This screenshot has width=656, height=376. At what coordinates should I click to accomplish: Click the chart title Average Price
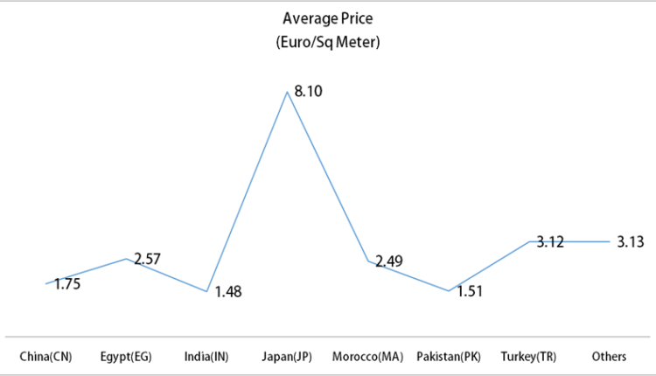tap(328, 17)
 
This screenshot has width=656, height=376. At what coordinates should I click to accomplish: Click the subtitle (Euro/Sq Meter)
tap(328, 41)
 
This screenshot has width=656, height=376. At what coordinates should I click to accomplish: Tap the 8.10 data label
tap(310, 91)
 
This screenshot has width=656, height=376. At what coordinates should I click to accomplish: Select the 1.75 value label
tap(67, 284)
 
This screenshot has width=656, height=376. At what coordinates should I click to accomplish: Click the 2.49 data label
tap(389, 261)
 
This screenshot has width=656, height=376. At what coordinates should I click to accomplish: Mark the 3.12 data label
tap(550, 242)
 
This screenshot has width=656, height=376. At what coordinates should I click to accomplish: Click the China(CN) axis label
tap(45, 357)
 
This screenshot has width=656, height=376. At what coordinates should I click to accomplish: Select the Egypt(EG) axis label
tap(126, 357)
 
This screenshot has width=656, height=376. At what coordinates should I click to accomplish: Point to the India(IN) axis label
tap(206, 357)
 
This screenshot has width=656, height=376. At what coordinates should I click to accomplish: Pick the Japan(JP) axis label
tap(287, 357)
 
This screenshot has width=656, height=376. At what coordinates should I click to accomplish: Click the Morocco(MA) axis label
tap(367, 357)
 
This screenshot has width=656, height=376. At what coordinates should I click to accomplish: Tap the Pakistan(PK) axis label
tap(449, 357)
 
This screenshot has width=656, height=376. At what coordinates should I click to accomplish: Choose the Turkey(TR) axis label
tap(528, 357)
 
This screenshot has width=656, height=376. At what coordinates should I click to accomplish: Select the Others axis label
tap(609, 357)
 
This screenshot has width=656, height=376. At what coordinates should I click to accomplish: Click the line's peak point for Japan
tap(287, 91)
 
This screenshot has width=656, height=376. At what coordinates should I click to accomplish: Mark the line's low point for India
tap(206, 291)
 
